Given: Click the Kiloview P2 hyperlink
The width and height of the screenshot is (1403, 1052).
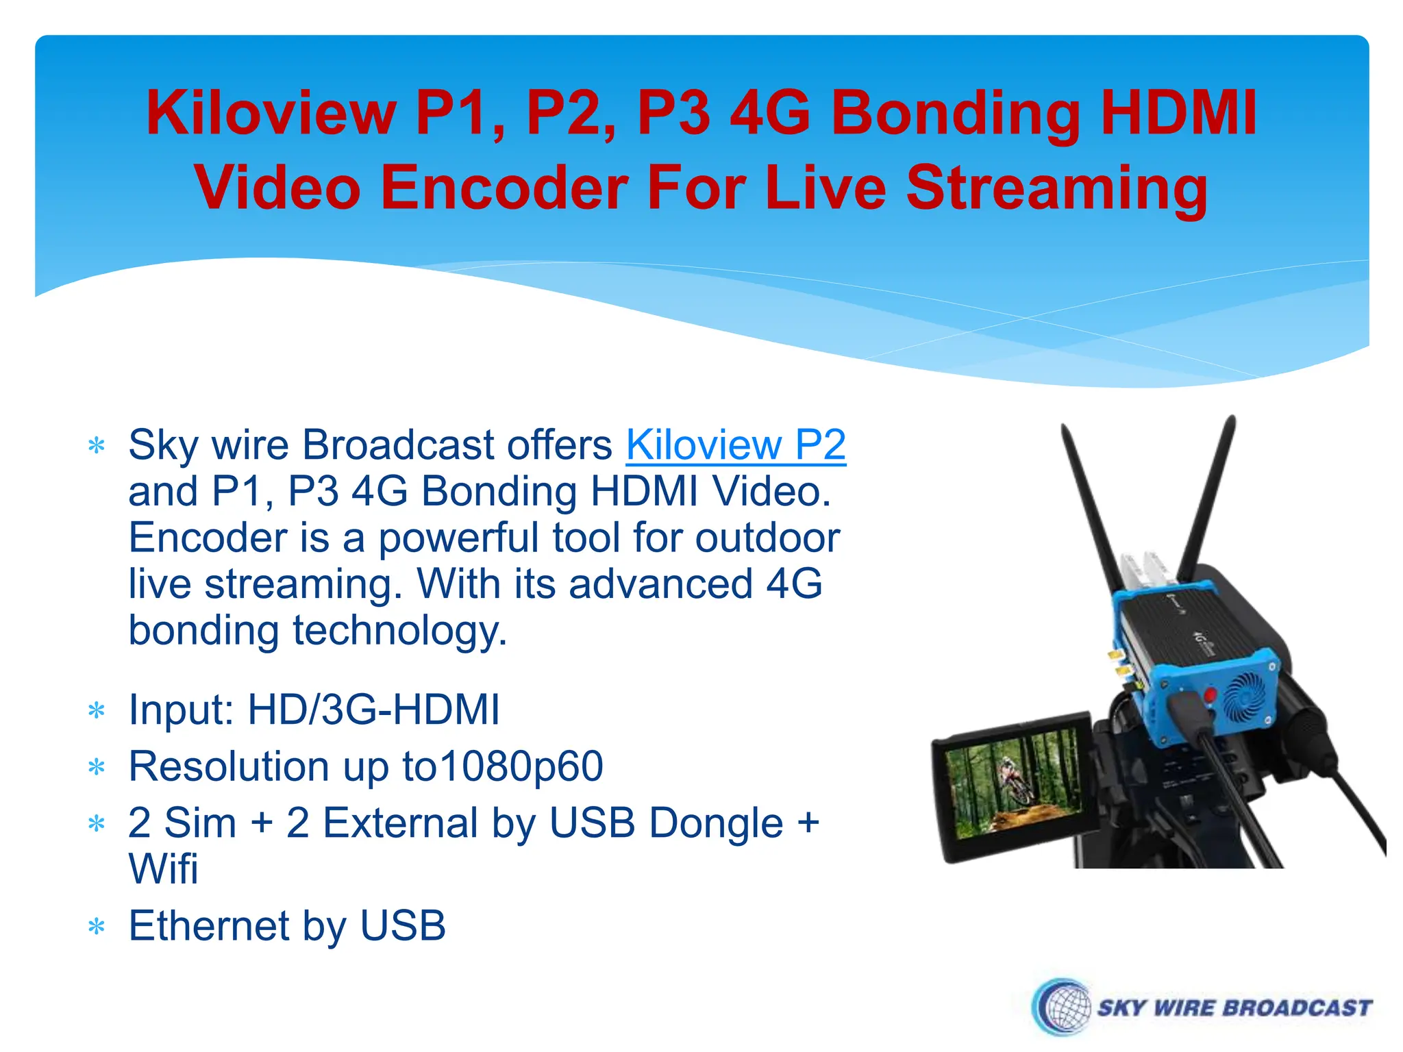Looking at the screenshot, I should pyautogui.click(x=736, y=445).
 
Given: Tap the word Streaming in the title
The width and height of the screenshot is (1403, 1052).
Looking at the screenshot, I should pyautogui.click(x=1057, y=188).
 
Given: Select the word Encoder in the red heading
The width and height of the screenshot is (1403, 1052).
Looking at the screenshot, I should pyautogui.click(x=504, y=188).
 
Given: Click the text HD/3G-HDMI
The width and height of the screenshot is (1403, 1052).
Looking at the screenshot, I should pyautogui.click(x=373, y=710).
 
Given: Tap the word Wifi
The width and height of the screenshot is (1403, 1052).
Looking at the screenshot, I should pyautogui.click(x=163, y=870).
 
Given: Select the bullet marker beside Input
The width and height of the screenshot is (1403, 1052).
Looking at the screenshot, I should pyautogui.click(x=97, y=711).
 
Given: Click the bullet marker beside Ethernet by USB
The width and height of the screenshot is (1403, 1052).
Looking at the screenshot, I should pyautogui.click(x=97, y=928).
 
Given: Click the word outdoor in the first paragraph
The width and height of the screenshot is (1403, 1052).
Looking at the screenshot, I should pyautogui.click(x=767, y=538).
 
